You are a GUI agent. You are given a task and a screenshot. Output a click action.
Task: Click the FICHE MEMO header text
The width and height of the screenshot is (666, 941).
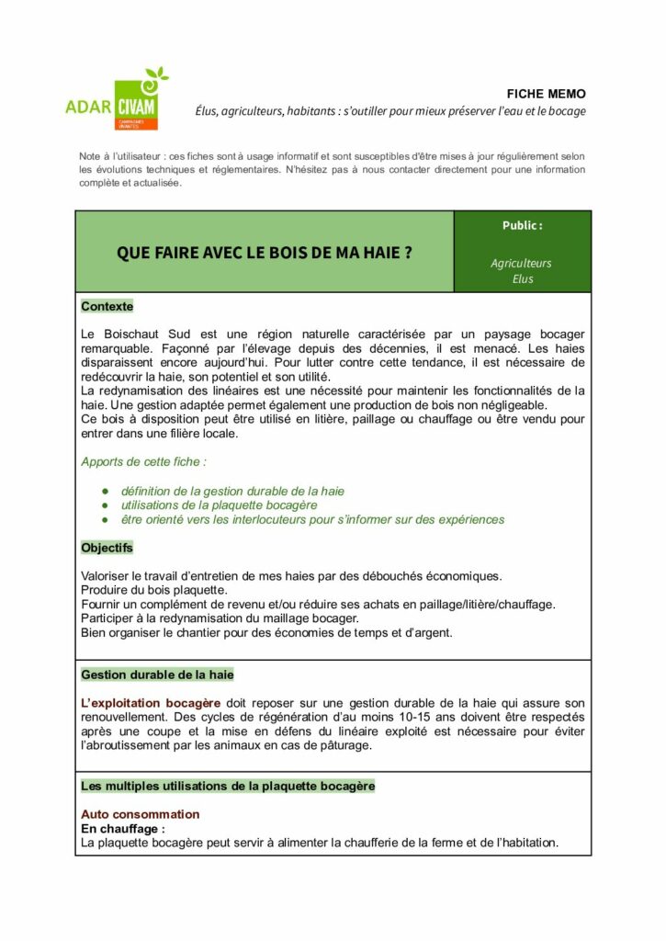tap(546, 94)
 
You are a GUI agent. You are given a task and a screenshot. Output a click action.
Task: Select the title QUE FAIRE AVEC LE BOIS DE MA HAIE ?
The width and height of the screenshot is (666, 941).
tap(264, 252)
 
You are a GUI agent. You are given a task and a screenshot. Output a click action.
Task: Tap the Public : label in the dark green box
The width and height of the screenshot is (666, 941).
tap(522, 225)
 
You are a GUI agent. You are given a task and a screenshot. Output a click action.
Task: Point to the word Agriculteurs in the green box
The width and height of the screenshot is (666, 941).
tap(521, 263)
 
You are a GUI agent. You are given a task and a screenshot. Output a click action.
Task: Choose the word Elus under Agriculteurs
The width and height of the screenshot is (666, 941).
tap(523, 278)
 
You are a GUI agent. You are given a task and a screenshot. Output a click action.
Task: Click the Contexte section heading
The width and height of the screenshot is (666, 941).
tap(107, 306)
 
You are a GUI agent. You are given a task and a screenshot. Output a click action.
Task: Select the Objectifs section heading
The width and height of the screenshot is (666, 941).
tap(107, 548)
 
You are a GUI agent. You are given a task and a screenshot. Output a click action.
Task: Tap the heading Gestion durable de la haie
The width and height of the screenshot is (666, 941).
tap(157, 675)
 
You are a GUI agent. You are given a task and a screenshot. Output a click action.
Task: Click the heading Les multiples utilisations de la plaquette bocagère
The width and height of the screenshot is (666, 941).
tap(228, 786)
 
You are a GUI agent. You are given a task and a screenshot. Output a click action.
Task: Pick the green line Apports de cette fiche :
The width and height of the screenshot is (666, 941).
tap(143, 462)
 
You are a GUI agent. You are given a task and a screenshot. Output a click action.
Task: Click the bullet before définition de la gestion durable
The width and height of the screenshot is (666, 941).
tap(106, 492)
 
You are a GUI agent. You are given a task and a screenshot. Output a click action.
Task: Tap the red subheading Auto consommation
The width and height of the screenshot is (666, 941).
tap(140, 814)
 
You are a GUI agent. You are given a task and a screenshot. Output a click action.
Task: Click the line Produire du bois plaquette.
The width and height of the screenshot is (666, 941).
tap(154, 589)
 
